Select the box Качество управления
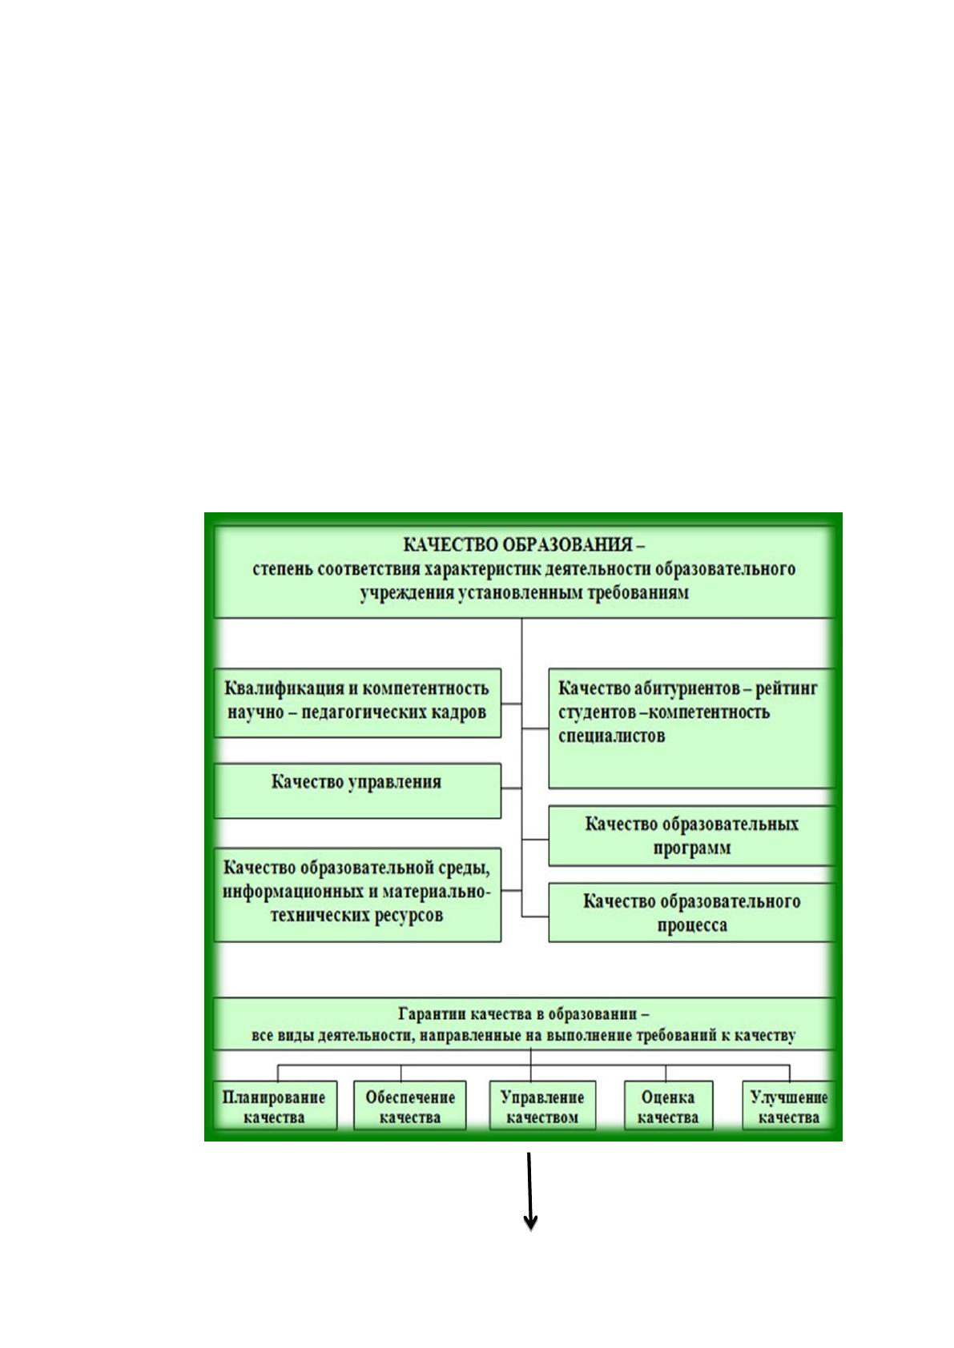tap(358, 791)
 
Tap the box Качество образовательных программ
tap(691, 836)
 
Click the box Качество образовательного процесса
tap(691, 913)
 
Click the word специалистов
tap(611, 736)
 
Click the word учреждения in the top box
tap(407, 593)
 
